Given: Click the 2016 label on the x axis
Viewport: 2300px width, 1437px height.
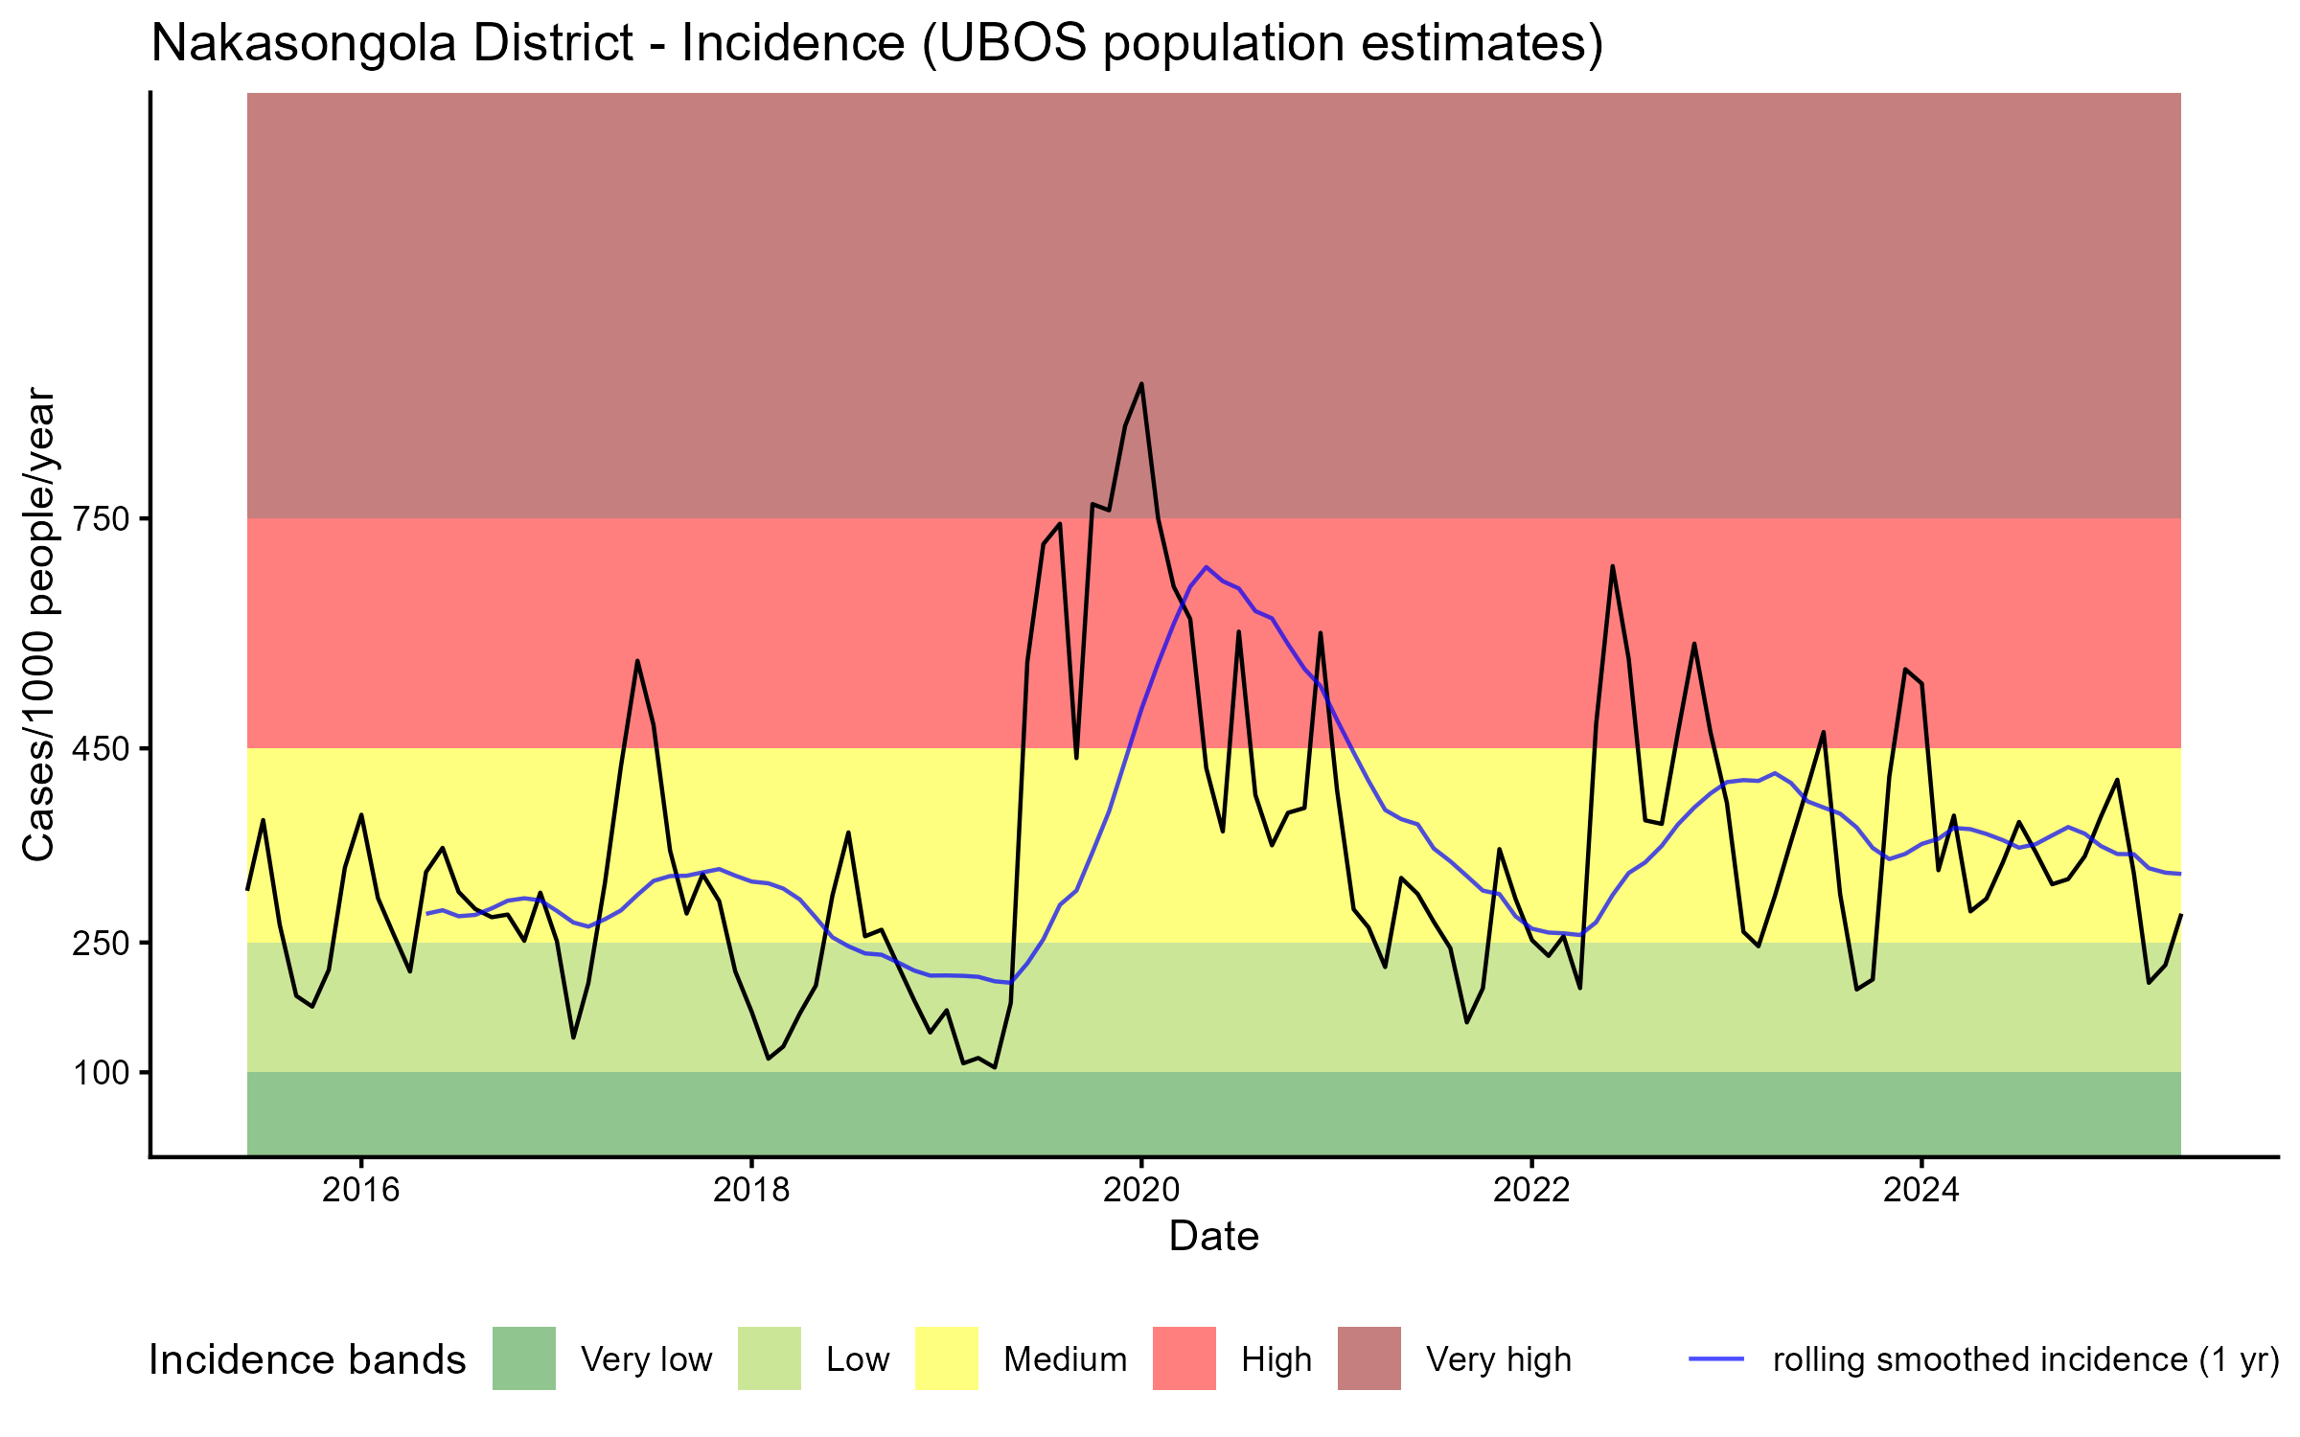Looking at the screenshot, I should coord(360,1190).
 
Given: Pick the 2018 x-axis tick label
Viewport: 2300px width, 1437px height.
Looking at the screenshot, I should coord(751,1190).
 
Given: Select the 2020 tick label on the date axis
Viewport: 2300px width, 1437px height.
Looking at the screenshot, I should coord(1141,1190).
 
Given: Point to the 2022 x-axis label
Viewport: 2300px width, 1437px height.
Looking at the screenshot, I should coord(1531,1190).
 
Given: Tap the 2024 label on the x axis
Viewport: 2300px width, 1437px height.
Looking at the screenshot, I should coord(1921,1190).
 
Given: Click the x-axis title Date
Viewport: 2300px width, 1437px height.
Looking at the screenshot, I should coord(1213,1237).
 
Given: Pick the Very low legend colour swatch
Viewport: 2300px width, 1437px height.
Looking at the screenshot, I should coord(524,1358).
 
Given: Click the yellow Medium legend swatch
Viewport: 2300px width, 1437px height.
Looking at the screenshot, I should coord(947,1358).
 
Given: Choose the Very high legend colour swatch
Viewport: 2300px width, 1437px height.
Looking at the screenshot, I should coord(1368,1358).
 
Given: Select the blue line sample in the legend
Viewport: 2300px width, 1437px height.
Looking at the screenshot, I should coord(1716,1358).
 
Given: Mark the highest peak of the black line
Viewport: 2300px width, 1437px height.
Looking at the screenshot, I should coord(1141,384).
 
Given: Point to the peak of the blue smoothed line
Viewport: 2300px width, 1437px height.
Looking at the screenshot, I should coord(1206,566).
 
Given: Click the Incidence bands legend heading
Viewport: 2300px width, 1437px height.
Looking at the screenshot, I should coord(308,1360).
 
